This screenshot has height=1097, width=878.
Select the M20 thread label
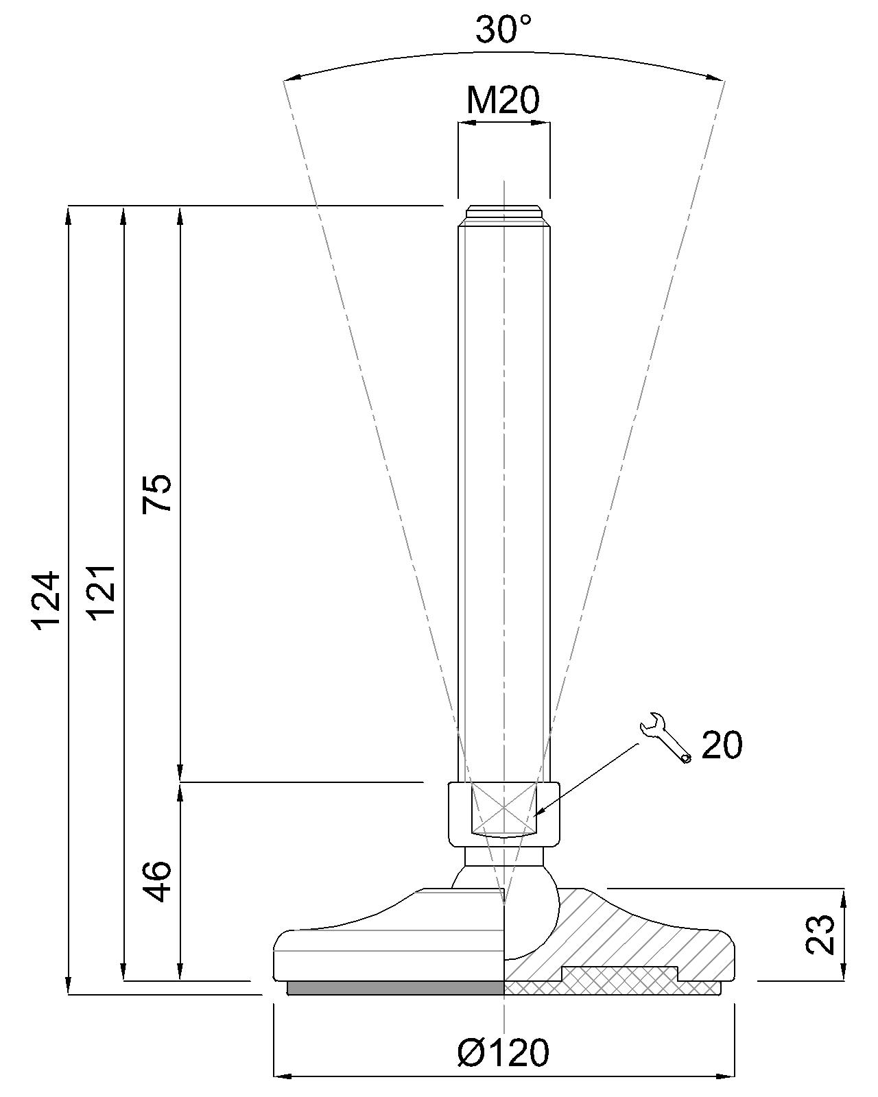click(x=503, y=100)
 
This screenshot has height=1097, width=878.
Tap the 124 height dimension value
click(x=49, y=599)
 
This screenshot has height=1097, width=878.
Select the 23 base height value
click(x=820, y=934)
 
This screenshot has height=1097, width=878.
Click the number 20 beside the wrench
click(x=722, y=745)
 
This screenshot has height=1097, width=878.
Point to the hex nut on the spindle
click(x=503, y=814)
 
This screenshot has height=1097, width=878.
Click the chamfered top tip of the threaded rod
click(x=504, y=212)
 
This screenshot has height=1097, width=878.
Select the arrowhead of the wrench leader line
click(x=539, y=813)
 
